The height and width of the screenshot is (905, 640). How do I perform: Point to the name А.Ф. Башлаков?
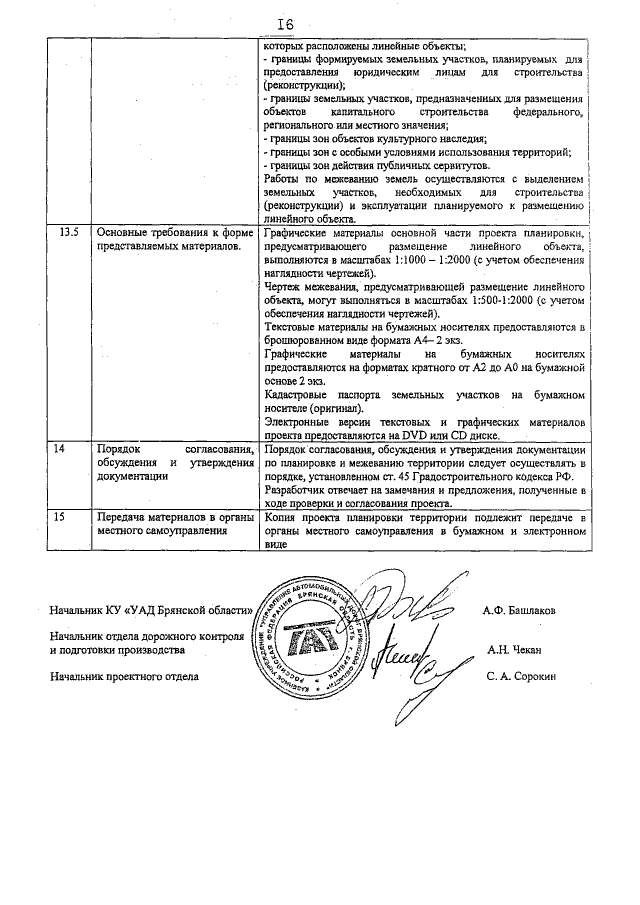(x=519, y=610)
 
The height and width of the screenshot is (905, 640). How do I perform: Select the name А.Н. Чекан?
(x=514, y=649)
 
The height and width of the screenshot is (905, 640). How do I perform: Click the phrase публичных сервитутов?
(x=428, y=164)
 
